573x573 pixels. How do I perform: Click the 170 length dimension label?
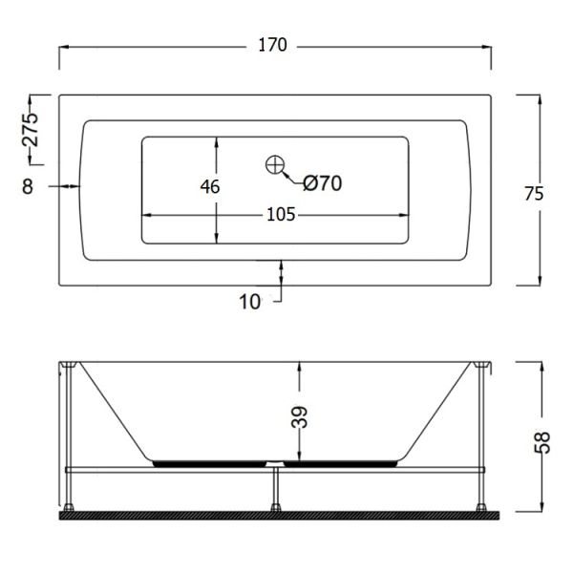(x=272, y=45)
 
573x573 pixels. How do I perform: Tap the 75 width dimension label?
(x=534, y=194)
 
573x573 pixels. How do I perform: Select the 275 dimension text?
(x=31, y=130)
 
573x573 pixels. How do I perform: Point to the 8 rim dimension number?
(x=28, y=186)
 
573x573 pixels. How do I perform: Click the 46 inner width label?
(x=210, y=187)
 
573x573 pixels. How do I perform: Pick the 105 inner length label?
(x=281, y=215)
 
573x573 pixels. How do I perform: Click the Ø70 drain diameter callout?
(x=323, y=183)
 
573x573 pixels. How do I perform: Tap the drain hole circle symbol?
(x=275, y=165)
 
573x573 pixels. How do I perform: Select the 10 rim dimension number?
(x=250, y=302)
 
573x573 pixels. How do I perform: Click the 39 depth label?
(x=299, y=416)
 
